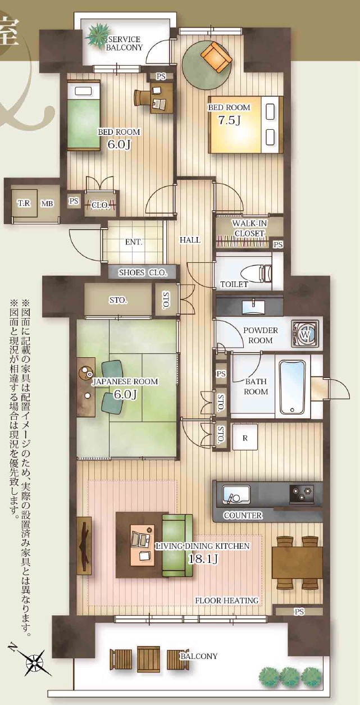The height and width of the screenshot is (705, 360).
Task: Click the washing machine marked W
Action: (305, 334)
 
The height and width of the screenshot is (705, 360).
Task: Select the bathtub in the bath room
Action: (293, 387)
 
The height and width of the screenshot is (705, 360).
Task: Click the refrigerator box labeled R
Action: (245, 438)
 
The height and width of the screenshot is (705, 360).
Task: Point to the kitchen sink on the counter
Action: (236, 493)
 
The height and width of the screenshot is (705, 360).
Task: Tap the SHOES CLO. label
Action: (143, 272)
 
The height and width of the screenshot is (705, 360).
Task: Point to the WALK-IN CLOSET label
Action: (249, 229)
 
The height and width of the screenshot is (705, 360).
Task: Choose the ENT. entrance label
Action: (134, 242)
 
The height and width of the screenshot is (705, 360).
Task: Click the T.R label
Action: (24, 203)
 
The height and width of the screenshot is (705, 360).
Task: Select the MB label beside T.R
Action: (47, 203)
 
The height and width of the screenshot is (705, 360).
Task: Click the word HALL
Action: (190, 240)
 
